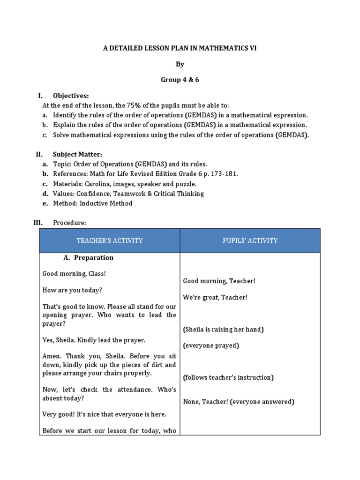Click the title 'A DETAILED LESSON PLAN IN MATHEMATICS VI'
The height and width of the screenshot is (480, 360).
point(180,48)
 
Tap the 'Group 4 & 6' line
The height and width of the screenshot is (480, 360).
point(180,80)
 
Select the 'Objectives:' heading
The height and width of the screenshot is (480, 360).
point(71,96)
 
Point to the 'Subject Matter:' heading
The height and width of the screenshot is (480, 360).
point(77,154)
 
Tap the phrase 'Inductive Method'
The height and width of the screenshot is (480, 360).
point(106,203)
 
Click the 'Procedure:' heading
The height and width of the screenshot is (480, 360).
point(69,223)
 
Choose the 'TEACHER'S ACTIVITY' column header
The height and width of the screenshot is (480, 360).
point(110,241)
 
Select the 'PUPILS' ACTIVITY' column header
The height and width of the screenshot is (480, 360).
point(250,241)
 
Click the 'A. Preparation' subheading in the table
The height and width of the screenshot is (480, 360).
point(89,258)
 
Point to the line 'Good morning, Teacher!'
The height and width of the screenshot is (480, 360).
point(219,281)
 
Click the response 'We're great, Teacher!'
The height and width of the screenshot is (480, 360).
point(215,297)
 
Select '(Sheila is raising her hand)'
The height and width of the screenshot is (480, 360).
point(223,330)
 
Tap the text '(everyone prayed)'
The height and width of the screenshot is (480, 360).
point(211,345)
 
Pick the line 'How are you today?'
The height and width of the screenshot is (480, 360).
point(72,290)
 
